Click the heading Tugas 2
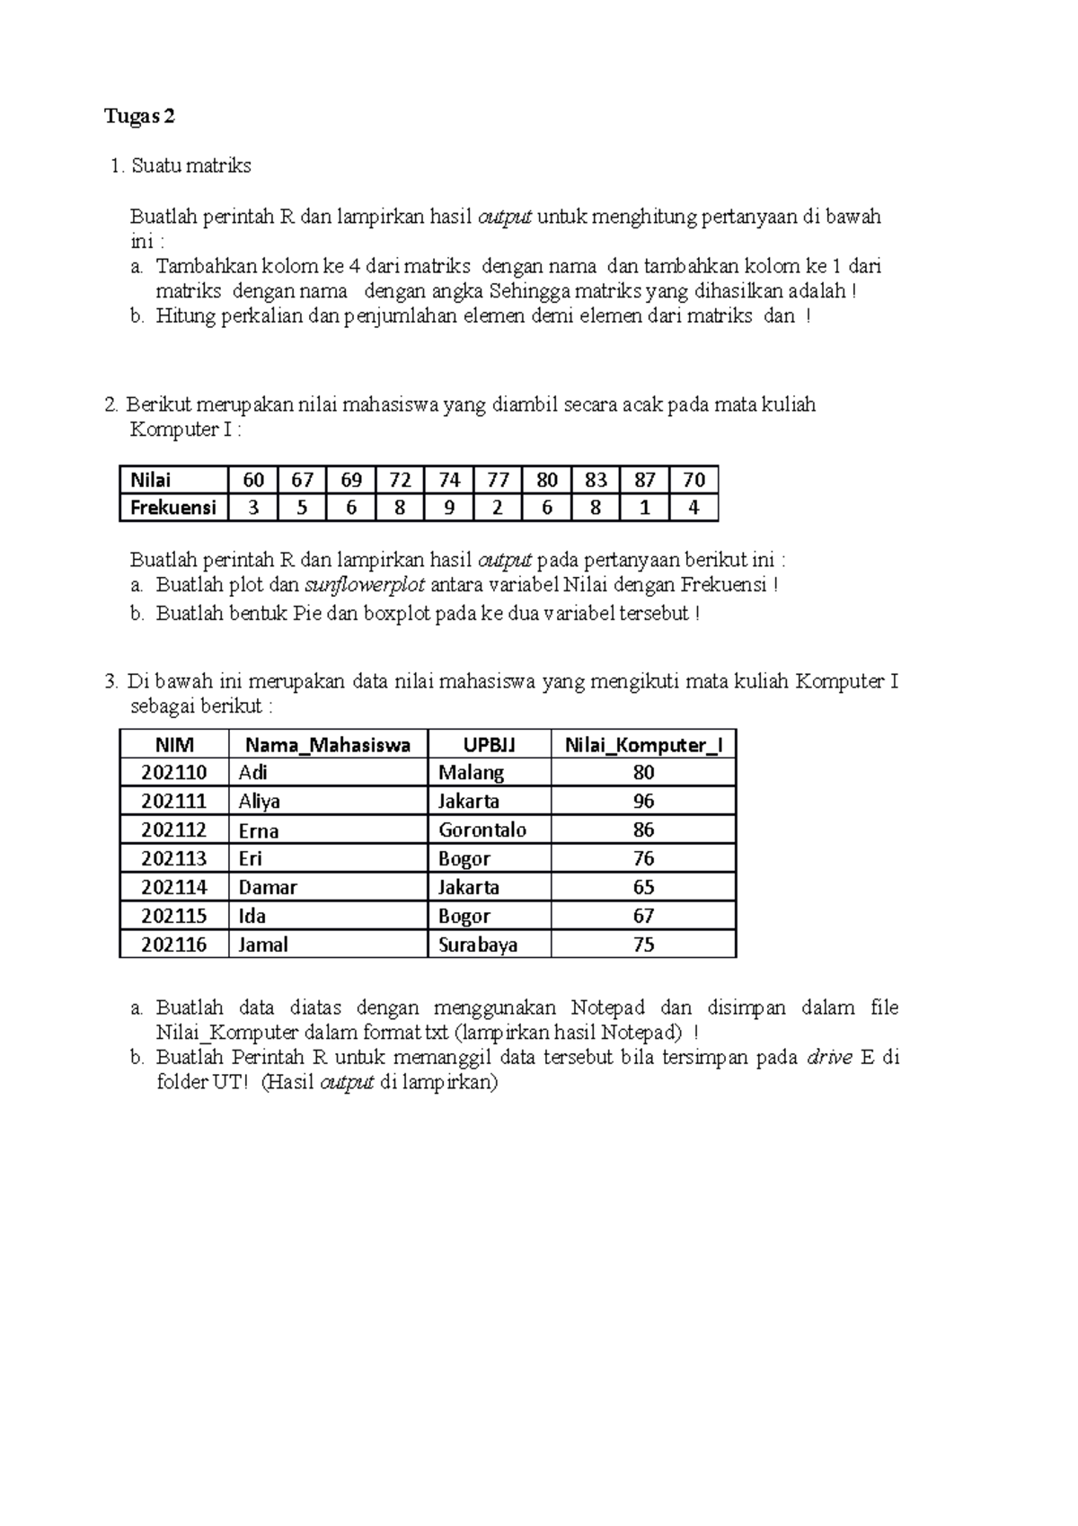(x=139, y=117)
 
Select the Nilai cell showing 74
(x=449, y=480)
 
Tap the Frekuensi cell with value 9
(x=449, y=508)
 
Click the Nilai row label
(x=151, y=480)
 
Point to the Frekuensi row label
(x=172, y=508)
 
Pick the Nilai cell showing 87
(x=644, y=480)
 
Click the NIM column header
(x=174, y=745)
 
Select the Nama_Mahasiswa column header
(x=328, y=745)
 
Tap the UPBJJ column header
(x=489, y=745)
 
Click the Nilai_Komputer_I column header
(x=643, y=745)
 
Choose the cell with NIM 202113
(x=174, y=858)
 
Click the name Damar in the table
(x=268, y=887)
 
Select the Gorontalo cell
(x=482, y=830)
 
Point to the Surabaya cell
(x=478, y=945)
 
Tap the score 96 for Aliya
(x=643, y=801)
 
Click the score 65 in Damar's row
(x=643, y=887)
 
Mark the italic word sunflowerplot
(x=365, y=586)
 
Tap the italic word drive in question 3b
(x=829, y=1058)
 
